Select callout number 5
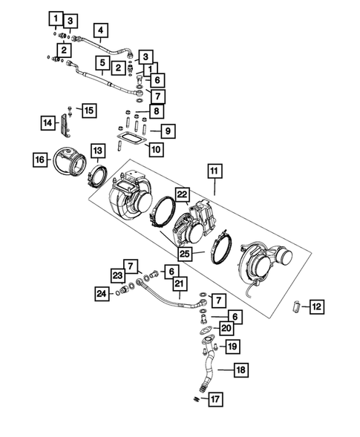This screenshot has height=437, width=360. pyautogui.click(x=101, y=62)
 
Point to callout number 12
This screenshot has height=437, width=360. pyautogui.click(x=316, y=306)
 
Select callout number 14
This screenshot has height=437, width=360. pyautogui.click(x=48, y=122)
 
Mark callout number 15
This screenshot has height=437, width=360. pyautogui.click(x=88, y=111)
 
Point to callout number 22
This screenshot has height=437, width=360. pyautogui.click(x=183, y=194)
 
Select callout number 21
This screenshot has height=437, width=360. pyautogui.click(x=178, y=283)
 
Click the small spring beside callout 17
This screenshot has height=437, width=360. pyautogui.click(x=196, y=401)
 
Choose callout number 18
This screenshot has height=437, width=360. pyautogui.click(x=242, y=369)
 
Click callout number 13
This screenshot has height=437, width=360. pyautogui.click(x=97, y=151)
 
